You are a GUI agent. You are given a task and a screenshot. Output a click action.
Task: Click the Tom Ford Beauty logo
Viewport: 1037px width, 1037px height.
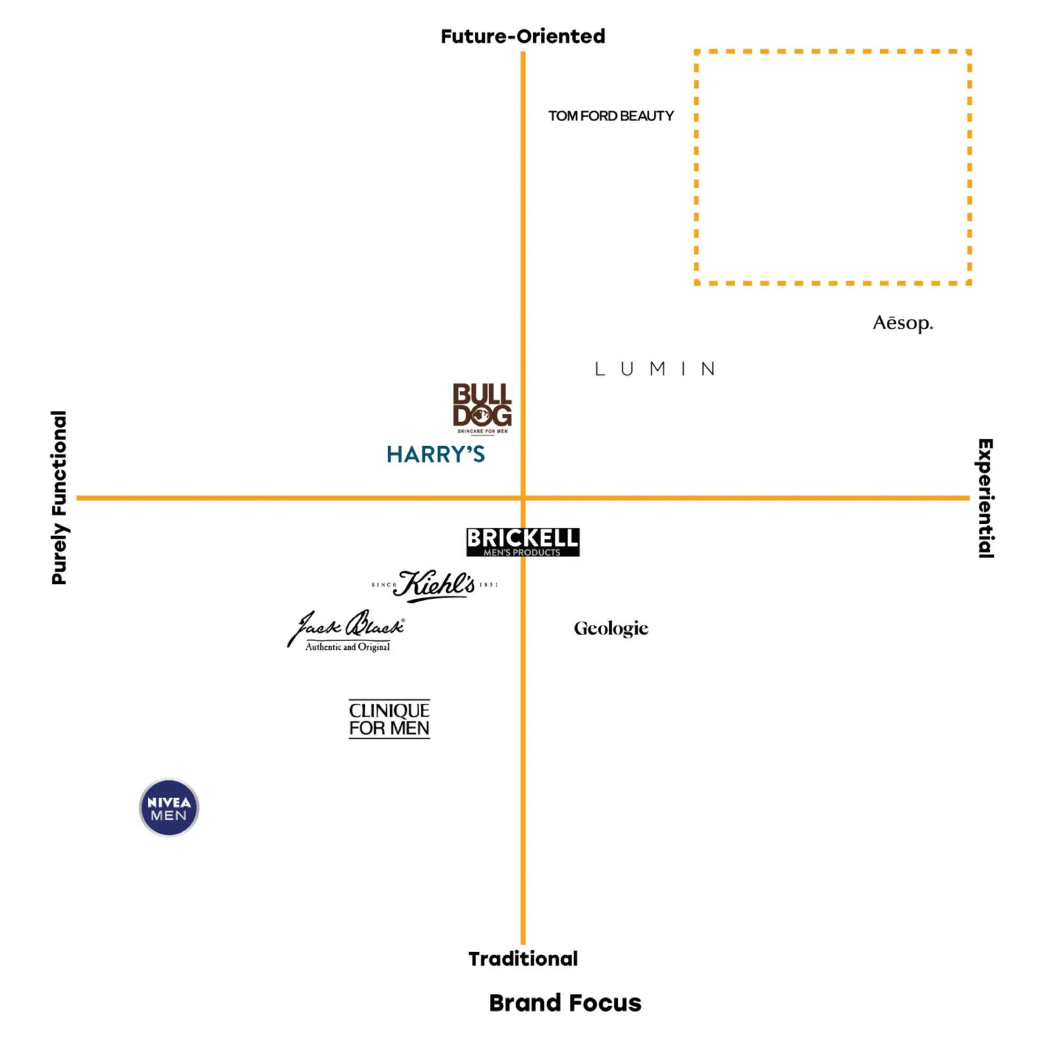(x=611, y=116)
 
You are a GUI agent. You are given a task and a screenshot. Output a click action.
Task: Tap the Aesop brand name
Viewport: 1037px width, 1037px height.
(x=902, y=323)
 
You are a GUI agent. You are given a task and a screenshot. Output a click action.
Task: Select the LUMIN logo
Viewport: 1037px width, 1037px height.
(x=655, y=369)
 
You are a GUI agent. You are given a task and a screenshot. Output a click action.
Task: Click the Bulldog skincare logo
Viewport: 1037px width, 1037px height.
(x=482, y=407)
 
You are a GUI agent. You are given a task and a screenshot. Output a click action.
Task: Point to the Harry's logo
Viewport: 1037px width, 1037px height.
(x=436, y=454)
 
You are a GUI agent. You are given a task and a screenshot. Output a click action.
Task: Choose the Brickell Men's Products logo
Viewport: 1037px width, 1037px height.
(x=522, y=542)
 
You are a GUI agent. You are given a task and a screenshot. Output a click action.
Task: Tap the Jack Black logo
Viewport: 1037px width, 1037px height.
(x=347, y=629)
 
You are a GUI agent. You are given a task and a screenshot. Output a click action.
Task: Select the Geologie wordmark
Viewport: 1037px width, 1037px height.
(x=611, y=628)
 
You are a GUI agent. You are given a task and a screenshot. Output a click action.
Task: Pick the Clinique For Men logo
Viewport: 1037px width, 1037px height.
(x=389, y=719)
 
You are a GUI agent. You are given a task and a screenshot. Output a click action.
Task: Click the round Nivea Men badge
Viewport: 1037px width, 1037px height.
(x=169, y=808)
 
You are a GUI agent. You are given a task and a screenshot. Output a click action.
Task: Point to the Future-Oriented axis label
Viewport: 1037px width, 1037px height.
(x=522, y=36)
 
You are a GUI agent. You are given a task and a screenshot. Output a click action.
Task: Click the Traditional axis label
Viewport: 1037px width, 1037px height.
(x=522, y=959)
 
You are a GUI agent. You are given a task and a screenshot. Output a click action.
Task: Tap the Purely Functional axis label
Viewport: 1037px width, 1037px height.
(x=59, y=497)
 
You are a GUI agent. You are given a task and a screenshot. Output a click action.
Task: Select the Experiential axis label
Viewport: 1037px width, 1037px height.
(x=985, y=498)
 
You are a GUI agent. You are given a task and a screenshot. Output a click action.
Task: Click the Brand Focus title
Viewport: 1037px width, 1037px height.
(x=565, y=1003)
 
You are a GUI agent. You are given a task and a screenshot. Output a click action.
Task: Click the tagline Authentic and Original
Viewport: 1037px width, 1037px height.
(x=347, y=647)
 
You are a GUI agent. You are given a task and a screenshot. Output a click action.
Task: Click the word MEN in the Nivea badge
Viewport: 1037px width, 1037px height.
(x=169, y=815)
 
